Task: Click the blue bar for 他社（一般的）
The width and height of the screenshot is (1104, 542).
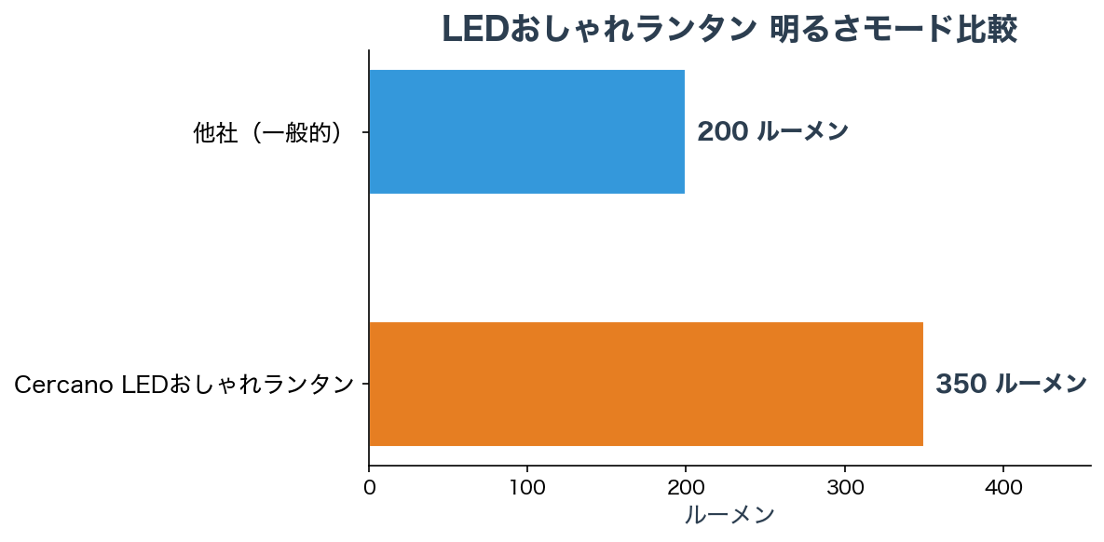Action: pos(527,132)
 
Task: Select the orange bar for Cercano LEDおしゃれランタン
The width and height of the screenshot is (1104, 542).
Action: pos(646,384)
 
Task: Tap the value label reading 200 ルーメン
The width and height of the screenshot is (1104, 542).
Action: pos(772,132)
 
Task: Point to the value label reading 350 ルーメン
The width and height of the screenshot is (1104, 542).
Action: pos(1011,384)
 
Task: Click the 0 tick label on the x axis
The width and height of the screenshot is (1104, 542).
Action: pos(369,488)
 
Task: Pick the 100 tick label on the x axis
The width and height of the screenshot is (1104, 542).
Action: pos(527,488)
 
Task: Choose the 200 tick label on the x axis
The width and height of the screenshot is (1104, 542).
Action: pos(686,488)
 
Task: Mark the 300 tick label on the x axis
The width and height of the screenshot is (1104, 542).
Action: pos(845,488)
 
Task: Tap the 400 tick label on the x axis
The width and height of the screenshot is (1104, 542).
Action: pos(1003,488)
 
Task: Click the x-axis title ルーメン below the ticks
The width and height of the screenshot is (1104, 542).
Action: pos(729,515)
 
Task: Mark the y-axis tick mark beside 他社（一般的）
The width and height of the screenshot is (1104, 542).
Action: pos(365,132)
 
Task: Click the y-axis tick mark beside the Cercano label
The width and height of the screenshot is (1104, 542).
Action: pos(365,384)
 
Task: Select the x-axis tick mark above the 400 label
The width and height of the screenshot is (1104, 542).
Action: pos(1003,468)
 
